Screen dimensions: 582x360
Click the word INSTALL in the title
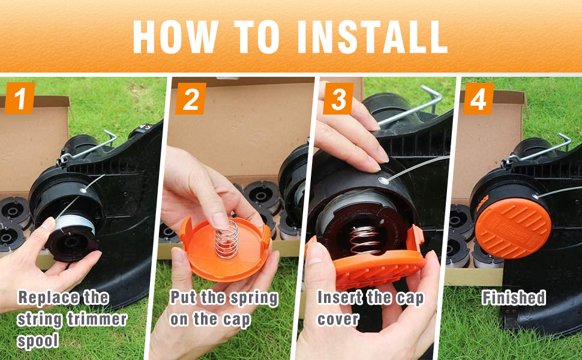click(x=373, y=37)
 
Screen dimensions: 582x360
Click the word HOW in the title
click(x=176, y=37)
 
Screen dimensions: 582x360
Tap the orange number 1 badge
click(x=20, y=98)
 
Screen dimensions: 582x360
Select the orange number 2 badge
click(x=191, y=99)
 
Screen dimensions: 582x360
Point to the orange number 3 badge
click(x=338, y=99)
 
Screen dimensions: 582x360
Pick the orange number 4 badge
click(x=478, y=99)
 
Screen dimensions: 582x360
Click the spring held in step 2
click(x=227, y=240)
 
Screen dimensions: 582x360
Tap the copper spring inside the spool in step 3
click(x=365, y=239)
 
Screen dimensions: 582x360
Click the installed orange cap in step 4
click(x=512, y=228)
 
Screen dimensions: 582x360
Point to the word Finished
click(x=514, y=298)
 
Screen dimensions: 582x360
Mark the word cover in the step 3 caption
click(x=338, y=320)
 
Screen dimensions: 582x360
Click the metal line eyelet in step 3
click(x=383, y=181)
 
